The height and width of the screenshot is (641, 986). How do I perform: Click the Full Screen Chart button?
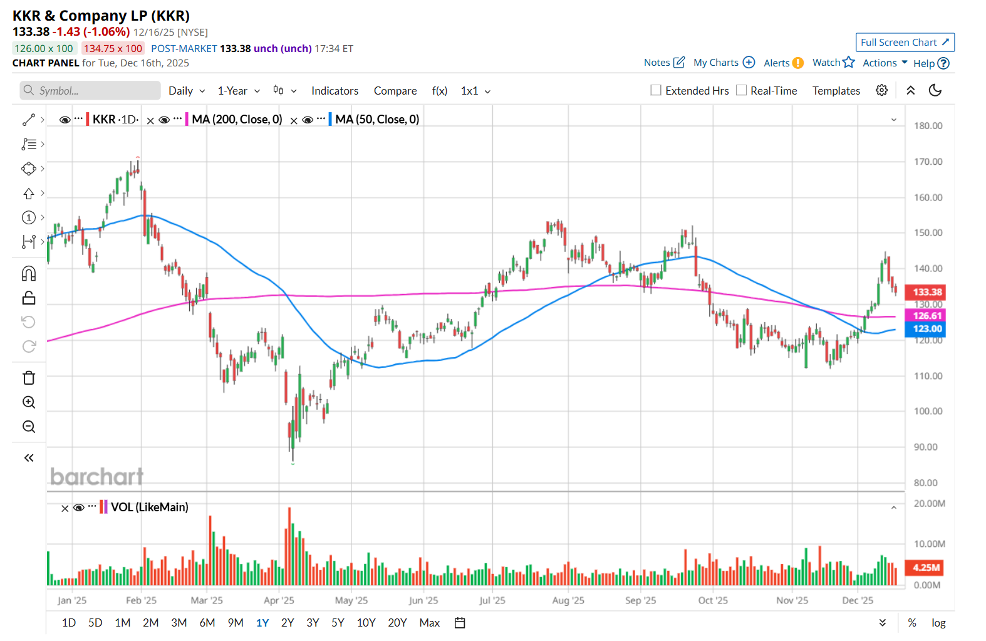click(x=905, y=43)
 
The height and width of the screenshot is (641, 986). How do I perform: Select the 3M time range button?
click(x=179, y=623)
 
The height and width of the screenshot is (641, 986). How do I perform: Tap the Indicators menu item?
click(x=335, y=91)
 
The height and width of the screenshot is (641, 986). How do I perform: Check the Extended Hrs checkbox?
click(x=656, y=90)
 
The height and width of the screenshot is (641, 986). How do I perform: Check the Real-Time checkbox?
click(x=741, y=90)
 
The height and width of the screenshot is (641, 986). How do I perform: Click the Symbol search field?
click(x=91, y=91)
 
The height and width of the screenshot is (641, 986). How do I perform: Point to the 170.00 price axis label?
click(x=928, y=162)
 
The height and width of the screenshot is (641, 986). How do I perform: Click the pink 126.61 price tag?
click(x=926, y=316)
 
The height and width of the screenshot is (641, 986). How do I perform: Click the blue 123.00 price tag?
click(x=926, y=329)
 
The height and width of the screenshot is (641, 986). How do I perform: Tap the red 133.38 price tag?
click(x=926, y=292)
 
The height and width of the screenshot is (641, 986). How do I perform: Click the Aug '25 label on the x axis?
click(x=568, y=600)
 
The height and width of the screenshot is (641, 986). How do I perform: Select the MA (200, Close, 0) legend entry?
click(x=237, y=120)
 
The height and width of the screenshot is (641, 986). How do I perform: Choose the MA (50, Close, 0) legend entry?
click(x=377, y=120)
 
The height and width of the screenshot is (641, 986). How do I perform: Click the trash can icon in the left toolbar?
click(x=29, y=378)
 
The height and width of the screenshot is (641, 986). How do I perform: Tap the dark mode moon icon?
click(x=935, y=90)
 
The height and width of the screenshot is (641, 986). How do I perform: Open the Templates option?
click(x=836, y=91)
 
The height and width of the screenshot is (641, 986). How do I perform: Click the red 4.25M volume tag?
click(x=926, y=568)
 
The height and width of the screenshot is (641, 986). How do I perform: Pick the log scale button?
click(x=938, y=623)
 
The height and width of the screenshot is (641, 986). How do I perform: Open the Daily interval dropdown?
click(x=187, y=91)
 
